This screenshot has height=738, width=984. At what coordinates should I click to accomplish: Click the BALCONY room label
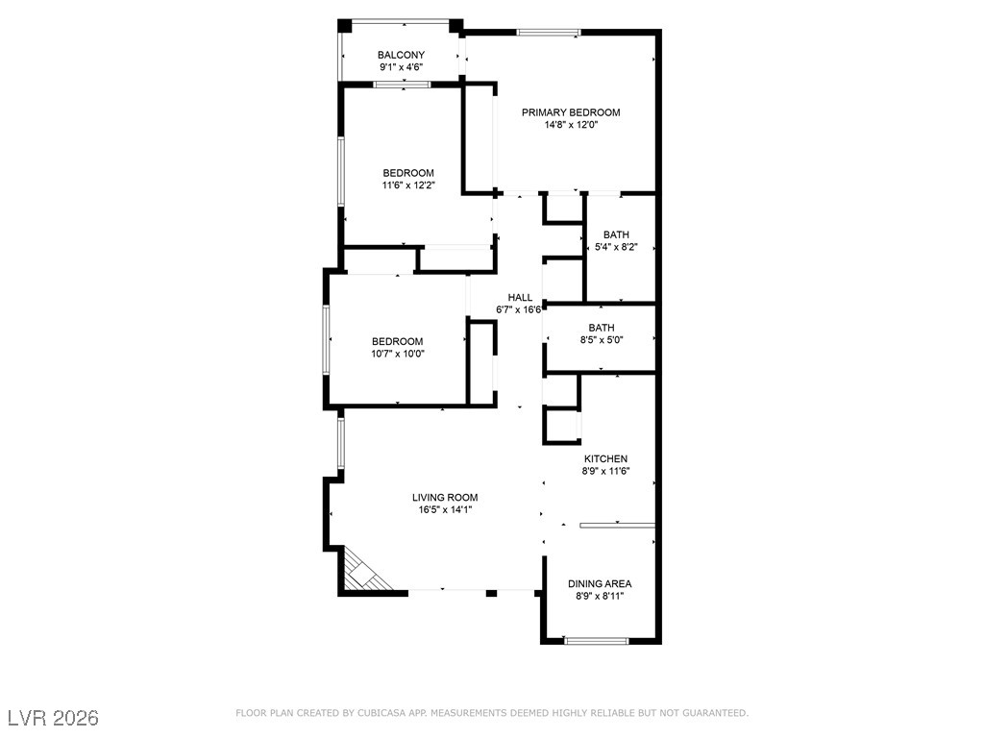pos(401,55)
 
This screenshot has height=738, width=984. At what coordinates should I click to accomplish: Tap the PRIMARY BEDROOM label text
pos(571,112)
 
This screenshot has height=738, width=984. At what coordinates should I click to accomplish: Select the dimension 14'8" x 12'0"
pos(571,125)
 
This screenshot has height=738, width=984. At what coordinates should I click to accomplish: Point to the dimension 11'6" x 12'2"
pos(408,185)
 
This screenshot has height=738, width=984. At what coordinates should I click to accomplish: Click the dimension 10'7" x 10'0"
pos(397,354)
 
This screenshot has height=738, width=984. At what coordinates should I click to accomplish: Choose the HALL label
pos(520,297)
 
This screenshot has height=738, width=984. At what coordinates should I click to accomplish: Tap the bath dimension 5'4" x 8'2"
pos(616,247)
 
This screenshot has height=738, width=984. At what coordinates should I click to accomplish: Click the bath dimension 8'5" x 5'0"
pos(602,340)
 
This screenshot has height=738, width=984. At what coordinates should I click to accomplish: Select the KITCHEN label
pos(605,458)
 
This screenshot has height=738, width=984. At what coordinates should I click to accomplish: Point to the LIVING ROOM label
pos(445,497)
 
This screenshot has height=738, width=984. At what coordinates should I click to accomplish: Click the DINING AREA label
pos(600,583)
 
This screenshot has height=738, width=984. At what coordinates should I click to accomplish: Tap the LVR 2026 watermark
pos(53,718)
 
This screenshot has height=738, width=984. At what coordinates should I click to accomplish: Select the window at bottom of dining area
pos(596,640)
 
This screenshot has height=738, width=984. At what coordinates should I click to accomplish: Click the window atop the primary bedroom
pos(549,32)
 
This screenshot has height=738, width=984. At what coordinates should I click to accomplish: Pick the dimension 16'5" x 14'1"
pos(445,509)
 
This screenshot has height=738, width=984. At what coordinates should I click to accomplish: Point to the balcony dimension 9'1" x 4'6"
pos(401,67)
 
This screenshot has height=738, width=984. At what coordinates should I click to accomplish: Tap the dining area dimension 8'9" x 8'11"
pos(600,596)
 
